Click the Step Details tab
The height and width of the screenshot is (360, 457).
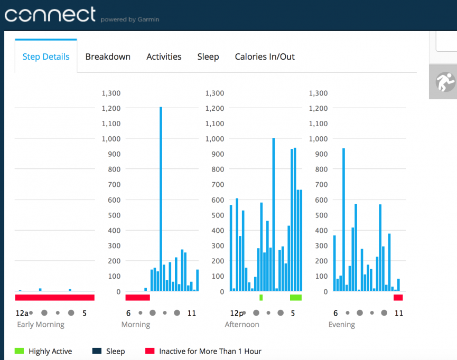point(46,57)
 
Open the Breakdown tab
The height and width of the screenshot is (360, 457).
point(108,57)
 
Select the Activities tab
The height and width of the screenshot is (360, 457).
point(164,57)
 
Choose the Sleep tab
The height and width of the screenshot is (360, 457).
point(208,57)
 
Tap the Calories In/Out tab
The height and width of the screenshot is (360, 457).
point(265,57)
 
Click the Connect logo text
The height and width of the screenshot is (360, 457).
point(50,14)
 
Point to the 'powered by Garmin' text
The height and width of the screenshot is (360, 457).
point(130,20)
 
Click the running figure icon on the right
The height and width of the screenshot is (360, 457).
point(445,82)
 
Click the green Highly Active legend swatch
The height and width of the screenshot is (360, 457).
point(19,351)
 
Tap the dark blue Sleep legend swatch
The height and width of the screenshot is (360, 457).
point(97,351)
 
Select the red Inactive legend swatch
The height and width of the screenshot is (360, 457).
point(150,351)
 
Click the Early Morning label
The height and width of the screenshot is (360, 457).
point(41,325)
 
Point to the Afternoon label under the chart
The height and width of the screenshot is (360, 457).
point(242,325)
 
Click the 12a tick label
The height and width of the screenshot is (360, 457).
point(22,313)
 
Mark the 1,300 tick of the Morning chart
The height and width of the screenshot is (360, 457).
point(111,93)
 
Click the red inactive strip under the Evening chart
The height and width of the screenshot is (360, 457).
point(398,298)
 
